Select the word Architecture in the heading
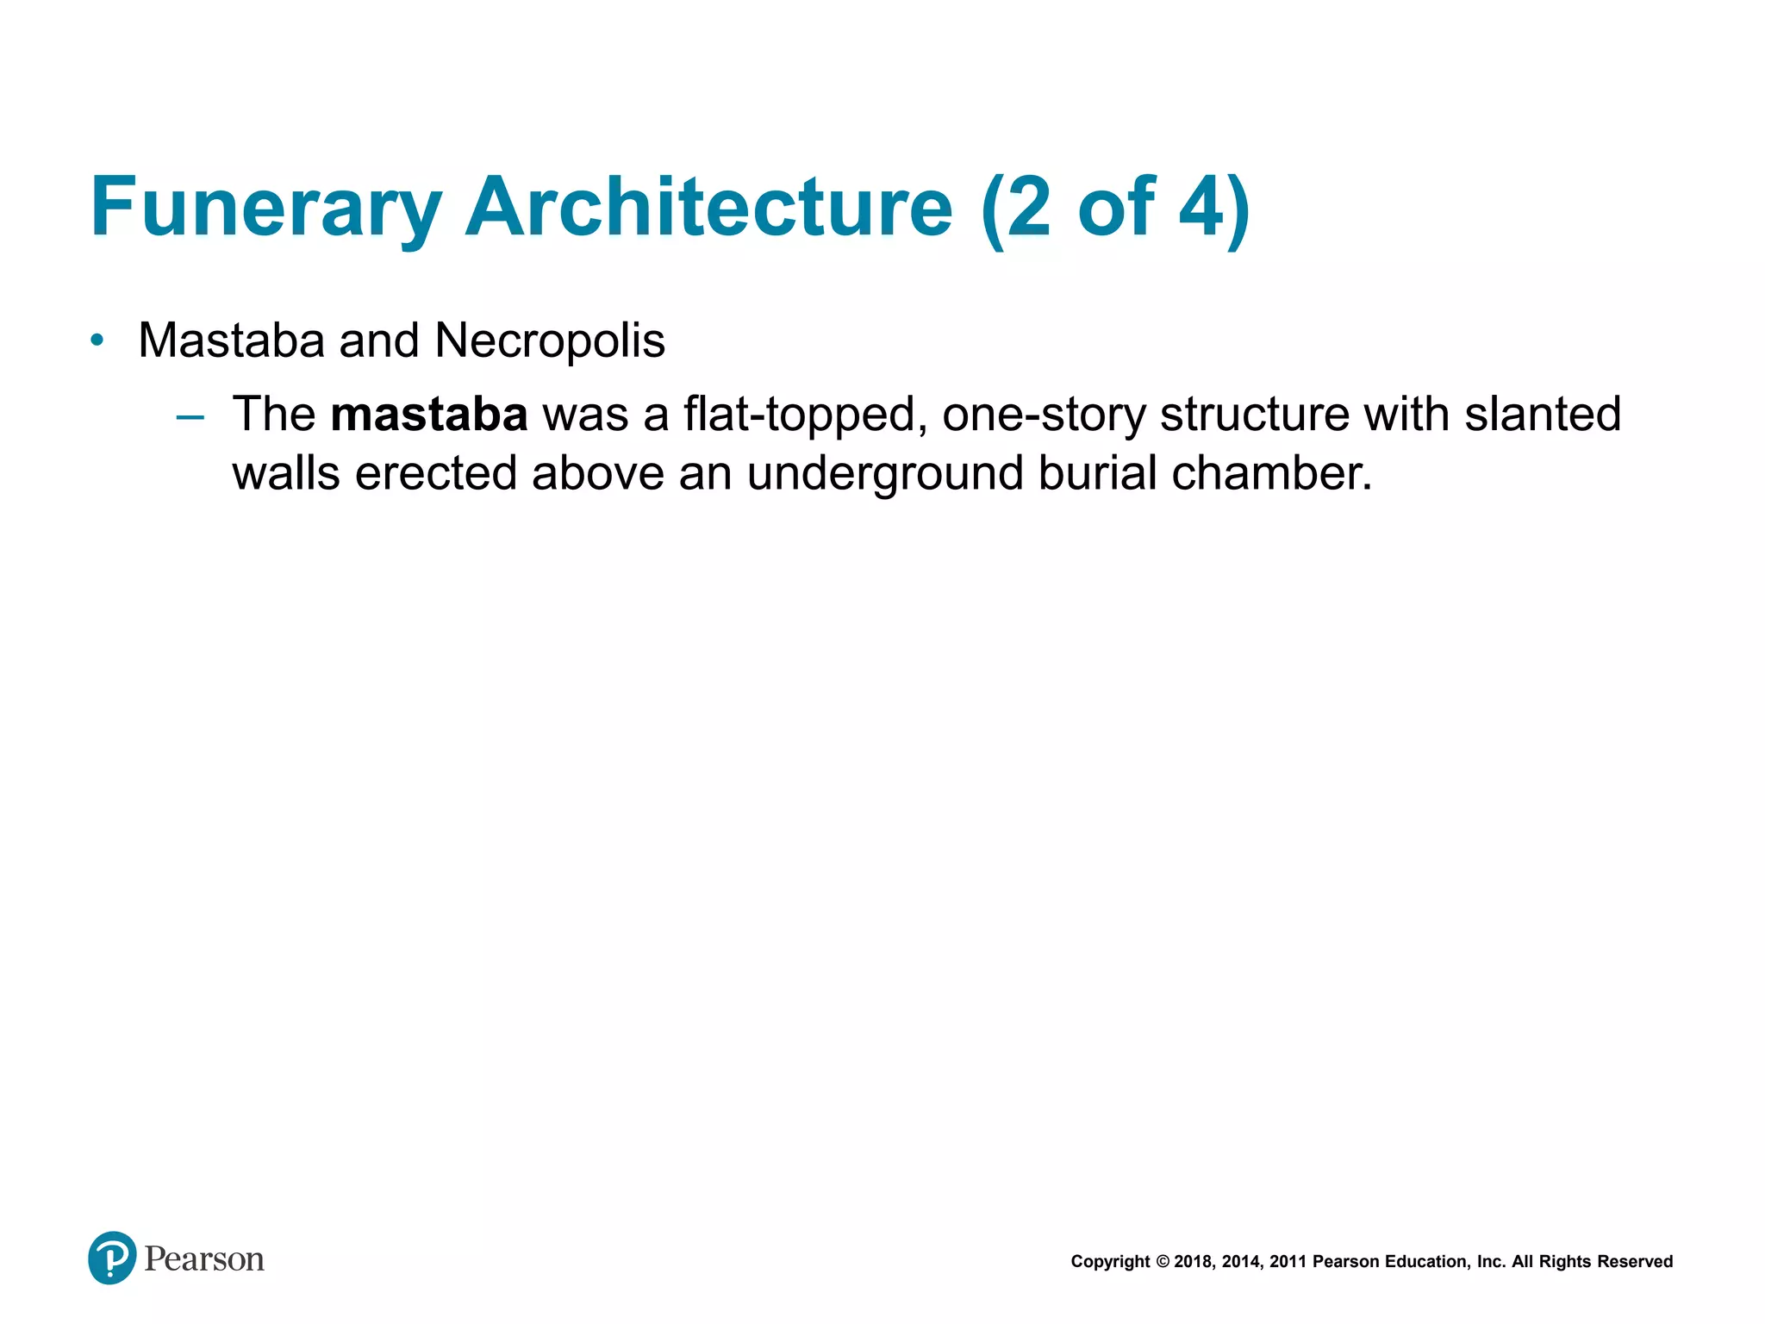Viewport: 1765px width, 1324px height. pyautogui.click(x=708, y=208)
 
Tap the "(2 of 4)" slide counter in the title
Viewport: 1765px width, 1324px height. pyautogui.click(x=1115, y=208)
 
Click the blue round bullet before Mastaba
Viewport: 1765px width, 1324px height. pyautogui.click(x=97, y=340)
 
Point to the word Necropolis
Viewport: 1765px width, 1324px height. pyautogui.click(x=550, y=340)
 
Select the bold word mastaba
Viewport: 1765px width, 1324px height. pyautogui.click(x=428, y=415)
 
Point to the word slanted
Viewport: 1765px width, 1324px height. pyautogui.click(x=1543, y=415)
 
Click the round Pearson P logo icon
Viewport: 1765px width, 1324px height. pyautogui.click(x=112, y=1258)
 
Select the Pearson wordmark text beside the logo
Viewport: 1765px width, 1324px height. pyautogui.click(x=204, y=1259)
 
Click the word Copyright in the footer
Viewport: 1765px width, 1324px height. pyautogui.click(x=1110, y=1262)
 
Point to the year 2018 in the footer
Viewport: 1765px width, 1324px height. pyautogui.click(x=1194, y=1262)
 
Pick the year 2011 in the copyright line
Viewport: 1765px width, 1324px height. pyautogui.click(x=1288, y=1262)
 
